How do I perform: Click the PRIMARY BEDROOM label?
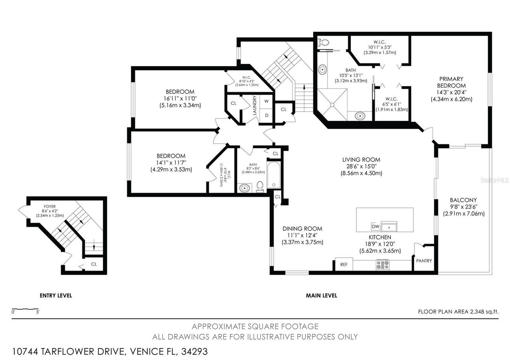click(x=451, y=82)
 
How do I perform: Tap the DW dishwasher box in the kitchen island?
click(x=375, y=226)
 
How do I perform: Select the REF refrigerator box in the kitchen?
click(x=343, y=264)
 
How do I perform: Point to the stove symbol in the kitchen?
click(x=382, y=264)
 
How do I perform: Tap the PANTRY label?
click(x=424, y=261)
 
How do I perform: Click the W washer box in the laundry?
click(x=266, y=101)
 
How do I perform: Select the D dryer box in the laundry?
click(x=266, y=115)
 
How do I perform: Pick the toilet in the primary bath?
click(x=324, y=42)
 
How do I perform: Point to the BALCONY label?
click(x=463, y=200)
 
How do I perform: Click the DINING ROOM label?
click(x=302, y=229)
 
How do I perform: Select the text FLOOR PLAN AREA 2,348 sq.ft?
click(x=458, y=312)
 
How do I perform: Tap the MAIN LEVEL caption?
click(x=321, y=295)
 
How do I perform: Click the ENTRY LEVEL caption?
click(x=56, y=295)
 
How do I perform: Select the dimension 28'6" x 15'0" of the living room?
click(x=361, y=166)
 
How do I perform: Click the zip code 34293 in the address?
click(x=194, y=352)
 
